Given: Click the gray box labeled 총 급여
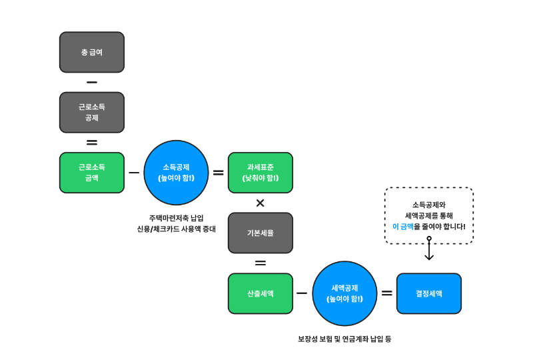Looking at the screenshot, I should (92, 52).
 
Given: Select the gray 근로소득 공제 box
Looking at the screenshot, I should (92, 112).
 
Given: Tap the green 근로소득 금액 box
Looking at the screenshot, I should (92, 173).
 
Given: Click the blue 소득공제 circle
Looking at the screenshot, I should (177, 173).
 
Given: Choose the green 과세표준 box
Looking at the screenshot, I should (261, 173).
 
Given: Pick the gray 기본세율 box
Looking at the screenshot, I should (261, 233).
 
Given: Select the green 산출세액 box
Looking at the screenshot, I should (261, 293).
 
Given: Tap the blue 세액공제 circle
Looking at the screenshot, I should (345, 293).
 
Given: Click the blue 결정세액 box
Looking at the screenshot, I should (429, 293).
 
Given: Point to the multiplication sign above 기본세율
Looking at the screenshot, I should (261, 203).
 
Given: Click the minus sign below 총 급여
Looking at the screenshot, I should (92, 83).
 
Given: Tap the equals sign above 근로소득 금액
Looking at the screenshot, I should (92, 143).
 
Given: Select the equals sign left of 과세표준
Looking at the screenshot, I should (218, 173).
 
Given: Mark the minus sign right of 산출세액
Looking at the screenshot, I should (302, 293).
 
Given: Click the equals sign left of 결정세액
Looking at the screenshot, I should (386, 293).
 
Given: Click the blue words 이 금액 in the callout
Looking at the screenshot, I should (403, 227).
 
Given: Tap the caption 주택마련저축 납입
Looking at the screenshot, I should (177, 218).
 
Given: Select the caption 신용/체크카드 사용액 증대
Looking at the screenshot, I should (177, 229).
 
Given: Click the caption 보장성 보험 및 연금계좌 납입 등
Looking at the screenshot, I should (344, 339).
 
